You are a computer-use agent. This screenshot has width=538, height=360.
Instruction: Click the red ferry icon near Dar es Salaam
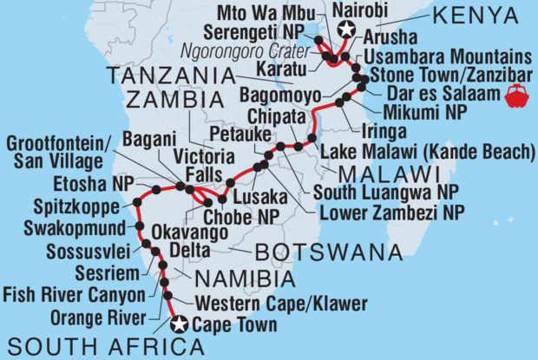[515, 95]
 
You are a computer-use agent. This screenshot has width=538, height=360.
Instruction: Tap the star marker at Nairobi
[347, 30]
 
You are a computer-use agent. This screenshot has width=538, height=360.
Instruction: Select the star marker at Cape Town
[180, 325]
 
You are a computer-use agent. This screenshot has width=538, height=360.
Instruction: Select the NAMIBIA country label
[246, 278]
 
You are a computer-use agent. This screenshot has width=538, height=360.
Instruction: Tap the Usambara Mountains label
[443, 55]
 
